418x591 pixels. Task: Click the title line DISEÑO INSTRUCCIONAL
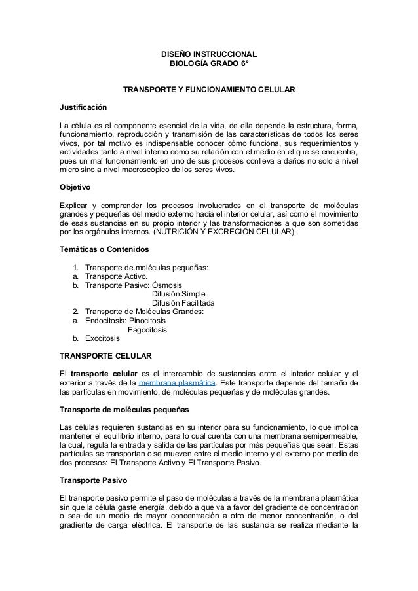coord(209,54)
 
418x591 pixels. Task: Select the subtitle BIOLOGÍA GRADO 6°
coord(209,64)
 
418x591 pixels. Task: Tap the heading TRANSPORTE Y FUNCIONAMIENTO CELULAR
coord(209,89)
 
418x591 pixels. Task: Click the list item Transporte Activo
coord(115,276)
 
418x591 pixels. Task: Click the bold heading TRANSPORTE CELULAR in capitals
coord(105,356)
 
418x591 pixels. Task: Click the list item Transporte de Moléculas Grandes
coord(144,312)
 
